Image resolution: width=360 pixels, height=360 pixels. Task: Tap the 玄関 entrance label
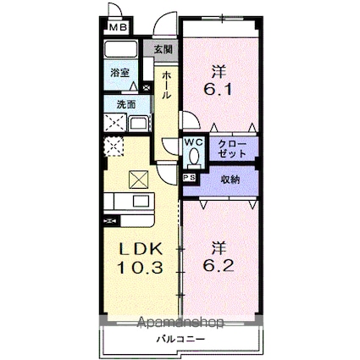point(162,50)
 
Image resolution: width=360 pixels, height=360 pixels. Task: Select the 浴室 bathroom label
point(119,74)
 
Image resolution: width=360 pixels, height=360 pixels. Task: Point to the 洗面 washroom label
point(115,107)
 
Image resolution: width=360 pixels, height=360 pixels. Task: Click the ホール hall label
point(167,85)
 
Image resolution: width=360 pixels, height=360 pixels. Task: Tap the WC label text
point(193,142)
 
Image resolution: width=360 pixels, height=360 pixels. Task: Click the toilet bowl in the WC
point(193,157)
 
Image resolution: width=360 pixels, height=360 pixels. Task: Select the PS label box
point(188,179)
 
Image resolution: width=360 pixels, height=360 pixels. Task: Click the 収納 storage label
point(230,180)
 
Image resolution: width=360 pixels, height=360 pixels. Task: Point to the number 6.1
point(219,78)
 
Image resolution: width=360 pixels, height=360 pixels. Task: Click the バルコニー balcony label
point(180,340)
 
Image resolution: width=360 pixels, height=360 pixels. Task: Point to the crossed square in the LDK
point(137,180)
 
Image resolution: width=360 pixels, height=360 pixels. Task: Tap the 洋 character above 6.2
point(219,248)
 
